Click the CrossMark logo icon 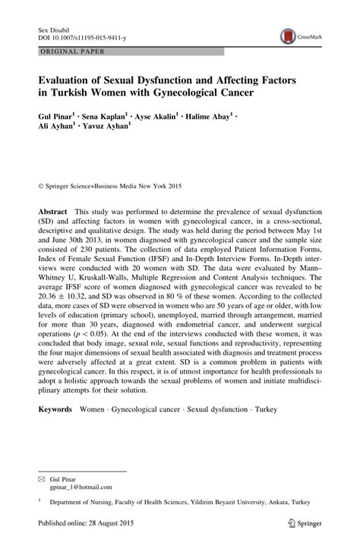pos(289,34)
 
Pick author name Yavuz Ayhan pos(111,131)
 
